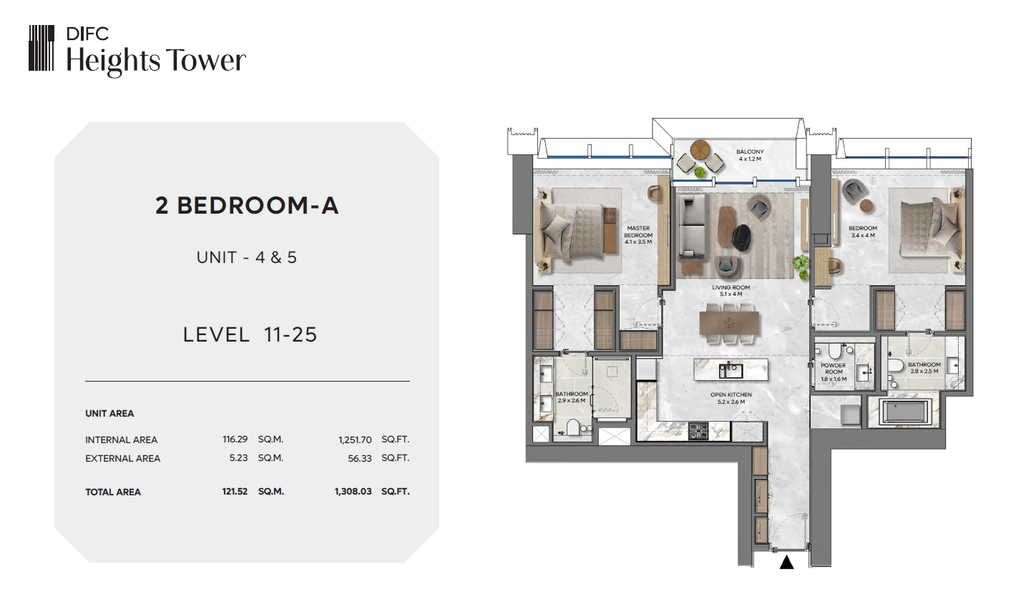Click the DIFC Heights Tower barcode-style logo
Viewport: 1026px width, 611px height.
tap(41, 48)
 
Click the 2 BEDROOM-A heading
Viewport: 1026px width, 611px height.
tap(247, 205)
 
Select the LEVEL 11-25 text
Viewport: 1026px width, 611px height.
tap(250, 334)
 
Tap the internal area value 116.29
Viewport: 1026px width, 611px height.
tap(235, 439)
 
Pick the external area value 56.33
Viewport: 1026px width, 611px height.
tap(360, 458)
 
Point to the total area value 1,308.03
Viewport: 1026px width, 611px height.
tap(353, 492)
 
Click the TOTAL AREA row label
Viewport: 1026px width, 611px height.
tap(112, 492)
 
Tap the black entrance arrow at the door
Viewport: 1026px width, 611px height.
tap(786, 562)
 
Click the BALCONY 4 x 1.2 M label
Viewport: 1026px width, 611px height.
tap(750, 156)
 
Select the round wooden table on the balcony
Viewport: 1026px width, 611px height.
tap(700, 149)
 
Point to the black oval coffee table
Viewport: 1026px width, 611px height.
tap(742, 238)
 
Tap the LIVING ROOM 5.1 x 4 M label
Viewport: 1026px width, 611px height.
tap(731, 291)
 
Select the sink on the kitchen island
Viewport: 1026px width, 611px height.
tap(730, 370)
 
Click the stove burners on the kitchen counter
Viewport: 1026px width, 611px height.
tap(698, 431)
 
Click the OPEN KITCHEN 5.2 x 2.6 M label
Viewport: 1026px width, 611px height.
tap(731, 398)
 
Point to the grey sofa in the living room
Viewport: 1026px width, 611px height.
tap(692, 227)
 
